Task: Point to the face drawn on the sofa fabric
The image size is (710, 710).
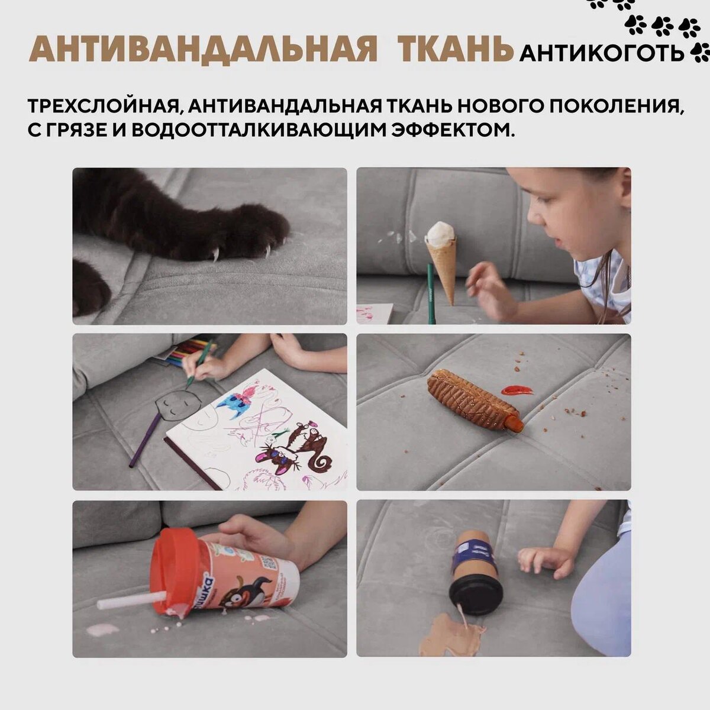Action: click(176, 405)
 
